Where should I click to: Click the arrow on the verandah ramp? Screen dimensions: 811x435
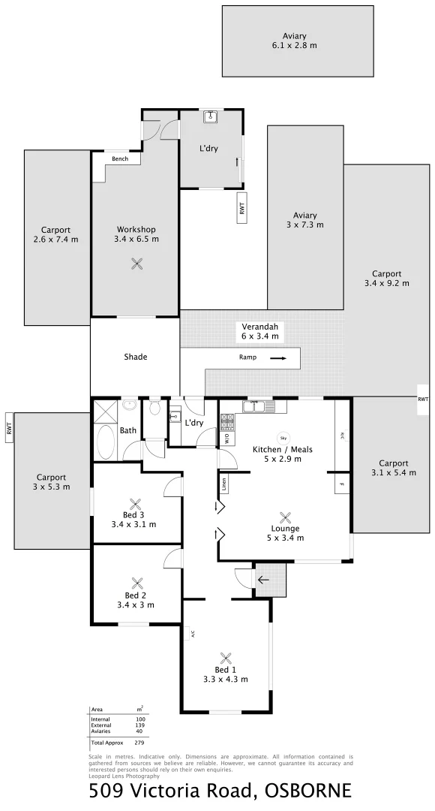click(x=278, y=358)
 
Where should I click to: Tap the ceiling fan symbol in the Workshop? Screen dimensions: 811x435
click(x=137, y=263)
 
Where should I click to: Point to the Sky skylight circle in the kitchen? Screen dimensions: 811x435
click(x=283, y=438)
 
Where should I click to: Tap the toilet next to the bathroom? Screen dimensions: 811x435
click(x=155, y=409)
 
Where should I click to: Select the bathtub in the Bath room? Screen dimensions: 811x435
click(x=104, y=443)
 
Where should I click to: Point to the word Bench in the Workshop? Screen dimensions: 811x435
click(x=120, y=158)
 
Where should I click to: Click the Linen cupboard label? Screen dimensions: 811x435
click(x=223, y=485)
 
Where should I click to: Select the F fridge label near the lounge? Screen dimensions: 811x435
click(x=342, y=484)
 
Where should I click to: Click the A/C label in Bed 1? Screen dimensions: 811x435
click(x=193, y=634)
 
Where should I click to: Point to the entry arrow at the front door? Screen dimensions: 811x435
click(x=262, y=580)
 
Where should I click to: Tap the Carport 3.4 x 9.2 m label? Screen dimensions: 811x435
click(x=386, y=279)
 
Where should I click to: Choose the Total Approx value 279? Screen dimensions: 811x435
click(x=139, y=742)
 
